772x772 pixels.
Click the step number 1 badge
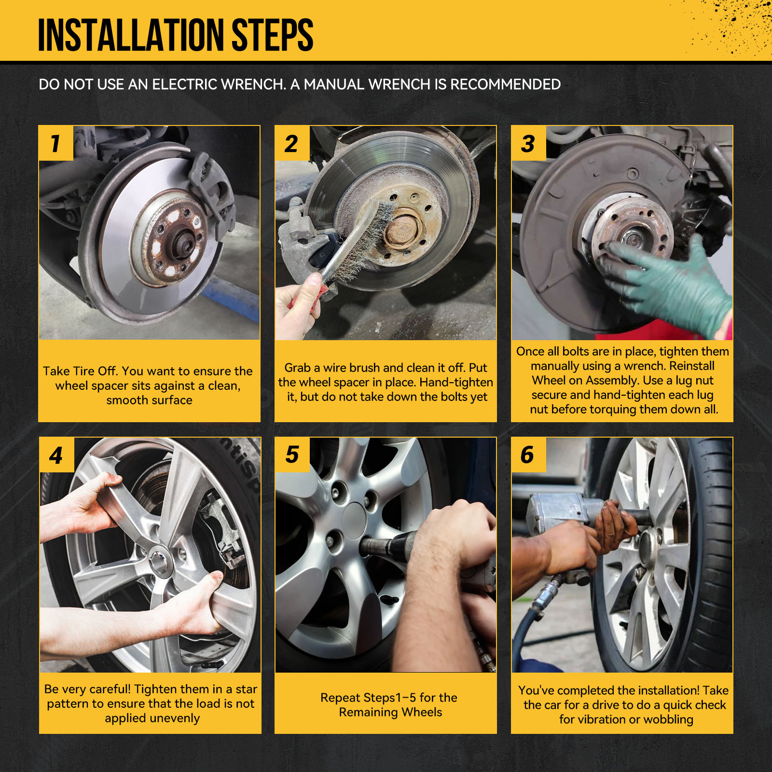click(56, 143)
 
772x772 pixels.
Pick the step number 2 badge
click(292, 143)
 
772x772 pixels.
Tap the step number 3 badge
click(528, 143)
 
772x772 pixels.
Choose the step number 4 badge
click(56, 455)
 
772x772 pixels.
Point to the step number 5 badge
click(292, 455)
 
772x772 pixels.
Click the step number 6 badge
click(528, 455)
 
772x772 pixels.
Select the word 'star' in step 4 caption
click(246, 689)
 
